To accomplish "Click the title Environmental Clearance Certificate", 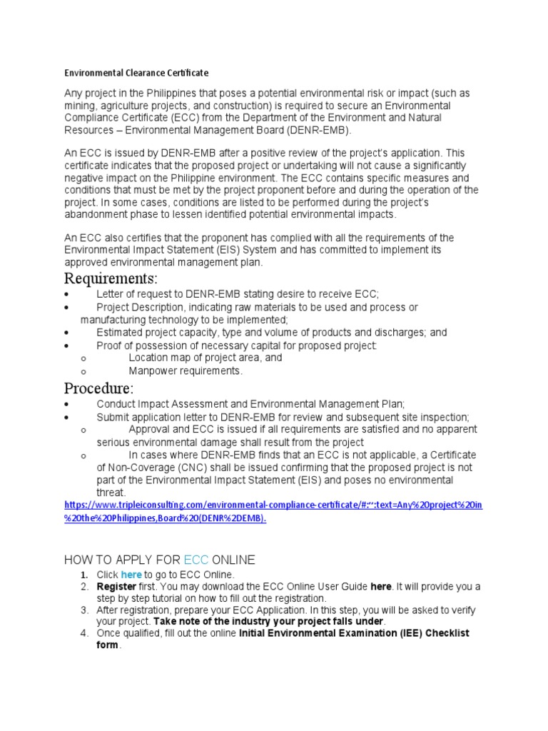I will click(136, 73).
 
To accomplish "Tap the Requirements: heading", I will click(111, 278).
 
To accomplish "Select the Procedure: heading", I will click(98, 389).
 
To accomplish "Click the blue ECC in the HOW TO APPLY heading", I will click(196, 559).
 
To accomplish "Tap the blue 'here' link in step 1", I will click(131, 574).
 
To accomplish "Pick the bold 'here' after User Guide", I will click(381, 586).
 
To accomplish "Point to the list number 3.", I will click(83, 610).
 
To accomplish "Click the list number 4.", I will click(83, 634).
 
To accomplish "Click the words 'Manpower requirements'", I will click(186, 371).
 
